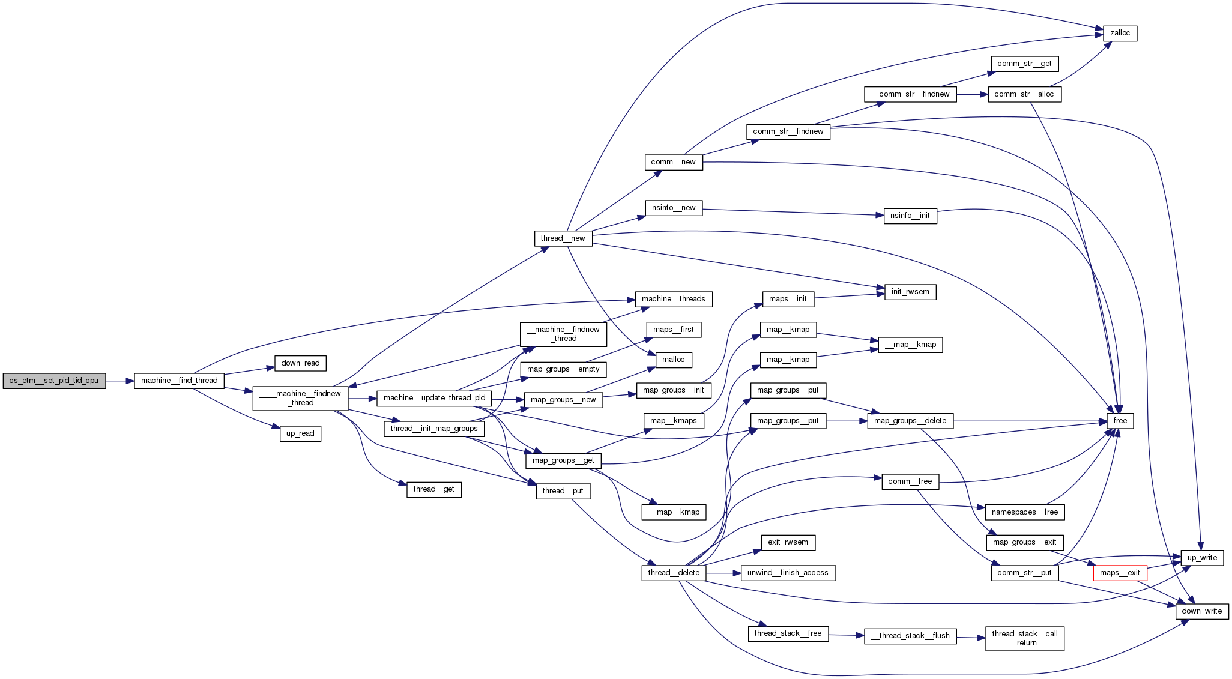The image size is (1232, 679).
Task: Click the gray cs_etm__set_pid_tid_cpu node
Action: (54, 381)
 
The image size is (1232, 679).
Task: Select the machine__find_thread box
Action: (179, 381)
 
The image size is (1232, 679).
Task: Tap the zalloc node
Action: (1120, 33)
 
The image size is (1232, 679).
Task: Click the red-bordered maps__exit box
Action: (1120, 573)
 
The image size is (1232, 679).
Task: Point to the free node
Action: (1120, 421)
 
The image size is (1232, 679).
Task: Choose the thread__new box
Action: (563, 238)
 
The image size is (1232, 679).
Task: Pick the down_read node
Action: (300, 363)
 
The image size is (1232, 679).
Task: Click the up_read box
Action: (300, 433)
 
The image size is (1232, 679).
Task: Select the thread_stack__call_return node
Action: (1024, 638)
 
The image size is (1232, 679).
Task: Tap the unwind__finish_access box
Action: (788, 573)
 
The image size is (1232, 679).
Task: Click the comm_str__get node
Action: (1024, 64)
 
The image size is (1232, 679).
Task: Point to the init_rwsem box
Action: (910, 292)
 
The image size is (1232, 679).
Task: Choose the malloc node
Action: (673, 360)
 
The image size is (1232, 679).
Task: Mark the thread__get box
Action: (433, 489)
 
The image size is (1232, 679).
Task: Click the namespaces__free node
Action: (1024, 512)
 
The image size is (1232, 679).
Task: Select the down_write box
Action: (1201, 611)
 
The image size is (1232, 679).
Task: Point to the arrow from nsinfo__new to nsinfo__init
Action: (793, 212)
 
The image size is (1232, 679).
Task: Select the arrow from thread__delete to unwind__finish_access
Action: (723, 573)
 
